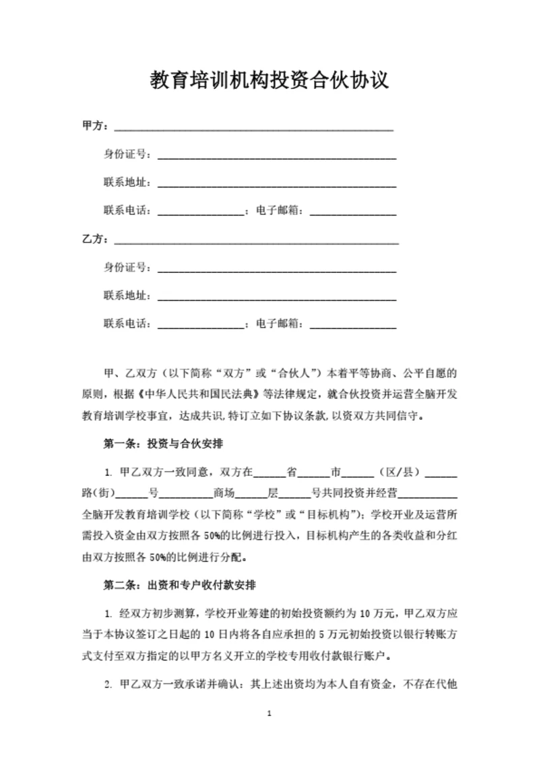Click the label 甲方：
point(95,126)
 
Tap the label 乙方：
point(95,239)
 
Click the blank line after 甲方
point(253,127)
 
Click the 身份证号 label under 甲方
point(127,154)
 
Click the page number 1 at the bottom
point(269,732)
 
